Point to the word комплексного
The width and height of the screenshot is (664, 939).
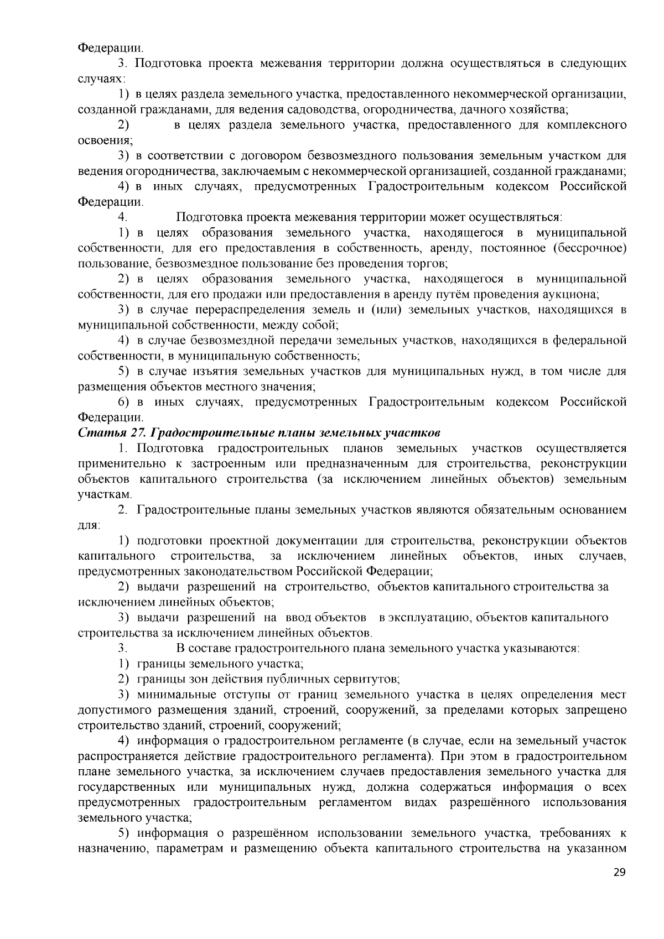(587, 125)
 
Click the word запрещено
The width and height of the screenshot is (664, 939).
(596, 710)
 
